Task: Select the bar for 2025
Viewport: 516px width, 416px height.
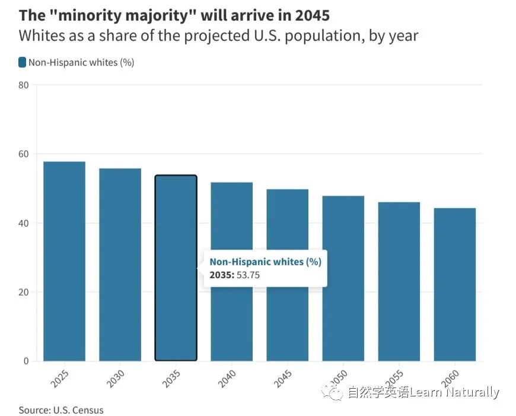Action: (x=64, y=261)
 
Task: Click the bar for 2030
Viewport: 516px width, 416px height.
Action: (x=120, y=265)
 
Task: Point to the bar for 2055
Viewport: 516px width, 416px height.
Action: (x=399, y=281)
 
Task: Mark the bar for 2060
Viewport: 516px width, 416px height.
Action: (x=454, y=284)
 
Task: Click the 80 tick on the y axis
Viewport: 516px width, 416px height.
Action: (x=23, y=85)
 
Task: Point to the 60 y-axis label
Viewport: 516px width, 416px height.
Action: (x=23, y=154)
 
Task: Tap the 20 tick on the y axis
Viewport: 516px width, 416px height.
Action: (x=23, y=292)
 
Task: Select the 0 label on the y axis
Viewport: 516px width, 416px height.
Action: (x=26, y=361)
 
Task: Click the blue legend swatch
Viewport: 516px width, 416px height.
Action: (x=23, y=62)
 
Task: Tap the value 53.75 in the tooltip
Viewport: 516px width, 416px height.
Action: (x=248, y=275)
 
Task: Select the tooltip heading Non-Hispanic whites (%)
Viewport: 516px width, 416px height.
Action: (x=265, y=262)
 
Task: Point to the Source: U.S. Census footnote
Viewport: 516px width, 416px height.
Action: (x=61, y=409)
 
